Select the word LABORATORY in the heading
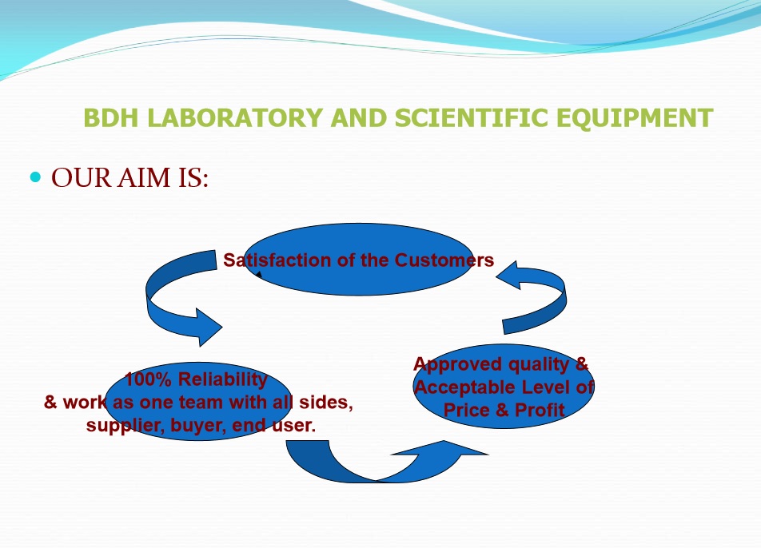[235, 118]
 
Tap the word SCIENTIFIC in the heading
[472, 118]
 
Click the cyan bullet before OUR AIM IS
[35, 177]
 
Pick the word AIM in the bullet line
[144, 177]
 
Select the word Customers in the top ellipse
[444, 260]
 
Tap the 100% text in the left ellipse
[148, 379]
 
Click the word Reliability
[223, 379]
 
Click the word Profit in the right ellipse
[540, 411]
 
